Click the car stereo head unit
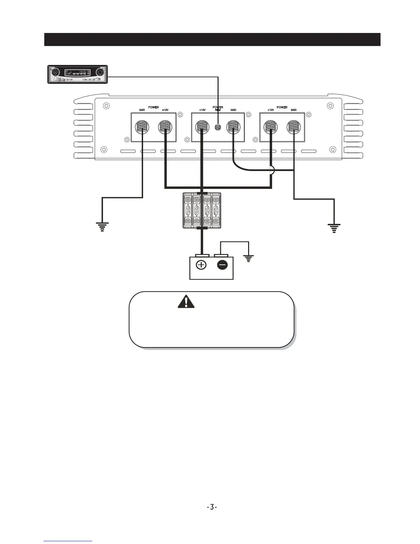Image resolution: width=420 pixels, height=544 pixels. coord(77,74)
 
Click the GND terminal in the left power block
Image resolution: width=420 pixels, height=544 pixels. coord(142,127)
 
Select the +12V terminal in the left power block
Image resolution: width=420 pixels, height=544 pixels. coord(165,127)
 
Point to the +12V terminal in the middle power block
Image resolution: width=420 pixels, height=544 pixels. coord(202,127)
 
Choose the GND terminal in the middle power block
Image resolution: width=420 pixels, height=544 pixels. coord(233,127)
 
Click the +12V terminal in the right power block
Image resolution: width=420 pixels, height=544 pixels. coord(271,127)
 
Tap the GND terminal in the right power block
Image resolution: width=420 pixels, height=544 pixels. coord(294,127)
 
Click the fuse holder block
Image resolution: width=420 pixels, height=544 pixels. coord(202,210)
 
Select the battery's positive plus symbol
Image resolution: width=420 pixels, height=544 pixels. coord(201,265)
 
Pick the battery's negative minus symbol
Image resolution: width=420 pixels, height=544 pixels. coord(222,265)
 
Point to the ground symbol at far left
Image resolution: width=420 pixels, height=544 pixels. coord(102,227)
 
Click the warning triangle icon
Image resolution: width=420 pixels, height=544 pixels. coord(186,301)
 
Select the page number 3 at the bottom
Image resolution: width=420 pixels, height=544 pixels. coord(212,507)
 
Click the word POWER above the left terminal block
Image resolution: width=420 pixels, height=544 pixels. coord(153,107)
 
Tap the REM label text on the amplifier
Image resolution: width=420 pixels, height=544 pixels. coord(218,110)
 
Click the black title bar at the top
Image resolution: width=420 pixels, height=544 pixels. coord(212,39)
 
